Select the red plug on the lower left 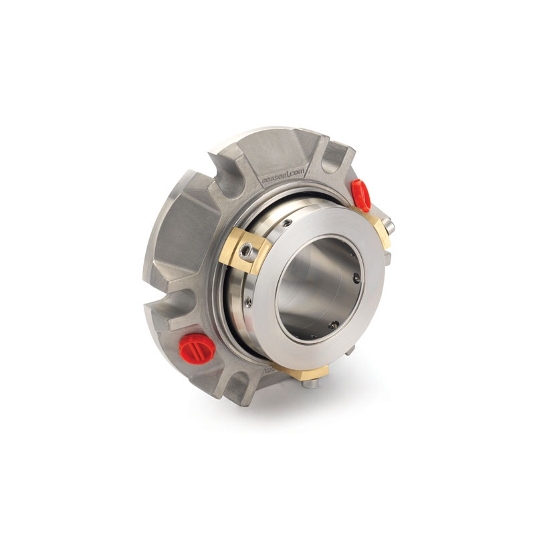tap(197, 344)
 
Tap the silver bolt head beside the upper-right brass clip tap(390, 227)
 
